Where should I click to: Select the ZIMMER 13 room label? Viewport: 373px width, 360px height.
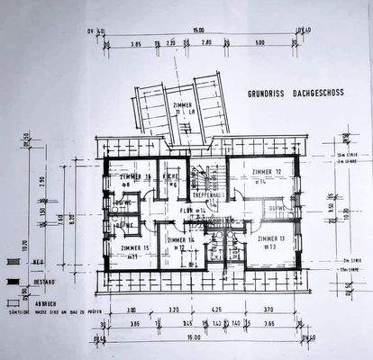pos(272,239)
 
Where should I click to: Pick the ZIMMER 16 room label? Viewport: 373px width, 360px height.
pos(135,176)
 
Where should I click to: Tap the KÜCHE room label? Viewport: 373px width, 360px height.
pos(170,175)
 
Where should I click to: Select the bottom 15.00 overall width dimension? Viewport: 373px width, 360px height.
pos(195,338)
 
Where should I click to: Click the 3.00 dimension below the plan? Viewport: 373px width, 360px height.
pos(130,309)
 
